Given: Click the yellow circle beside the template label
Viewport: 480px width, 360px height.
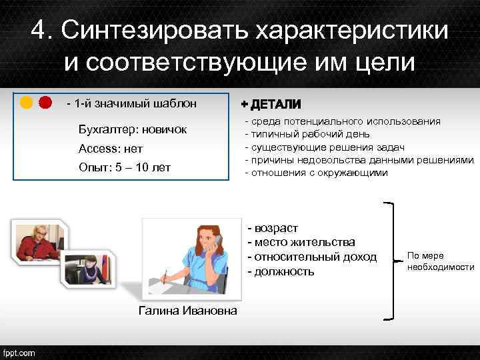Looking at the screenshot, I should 27,103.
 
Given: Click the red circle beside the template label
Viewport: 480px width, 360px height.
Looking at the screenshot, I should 45,103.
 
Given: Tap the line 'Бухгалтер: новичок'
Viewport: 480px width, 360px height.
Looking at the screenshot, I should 133,129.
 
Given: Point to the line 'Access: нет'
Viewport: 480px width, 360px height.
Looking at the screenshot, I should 110,148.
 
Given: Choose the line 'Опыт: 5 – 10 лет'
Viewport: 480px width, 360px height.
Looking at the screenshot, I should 124,167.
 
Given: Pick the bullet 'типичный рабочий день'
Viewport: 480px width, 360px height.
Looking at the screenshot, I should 307,134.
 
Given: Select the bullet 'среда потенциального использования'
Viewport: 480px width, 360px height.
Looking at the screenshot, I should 343,121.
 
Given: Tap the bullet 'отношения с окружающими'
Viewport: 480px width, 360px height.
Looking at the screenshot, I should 317,173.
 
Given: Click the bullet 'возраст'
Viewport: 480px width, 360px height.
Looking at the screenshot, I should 275,227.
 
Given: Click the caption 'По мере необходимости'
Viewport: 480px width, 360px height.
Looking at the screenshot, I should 440,261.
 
